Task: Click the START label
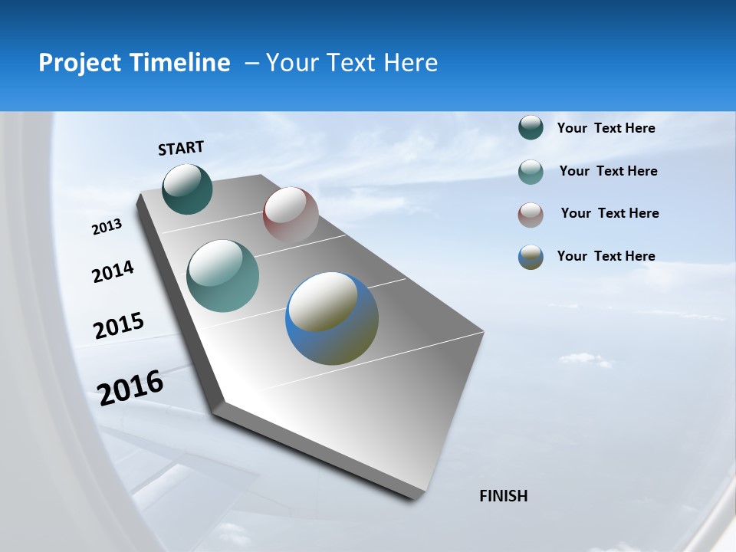point(181,148)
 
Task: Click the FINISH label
point(504,496)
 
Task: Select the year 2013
point(107,227)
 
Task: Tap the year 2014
point(113,272)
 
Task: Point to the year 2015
point(118,326)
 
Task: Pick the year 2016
point(130,387)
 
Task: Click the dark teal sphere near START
point(187,189)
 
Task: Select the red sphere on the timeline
point(291,215)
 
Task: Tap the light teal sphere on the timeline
point(223,276)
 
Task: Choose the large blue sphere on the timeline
point(332,318)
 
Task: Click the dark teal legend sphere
point(531,128)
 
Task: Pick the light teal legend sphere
point(531,172)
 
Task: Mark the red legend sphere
point(531,215)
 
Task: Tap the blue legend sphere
point(531,257)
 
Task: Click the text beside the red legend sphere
point(609,213)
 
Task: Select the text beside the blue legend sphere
point(606,256)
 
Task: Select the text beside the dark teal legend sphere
point(606,128)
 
